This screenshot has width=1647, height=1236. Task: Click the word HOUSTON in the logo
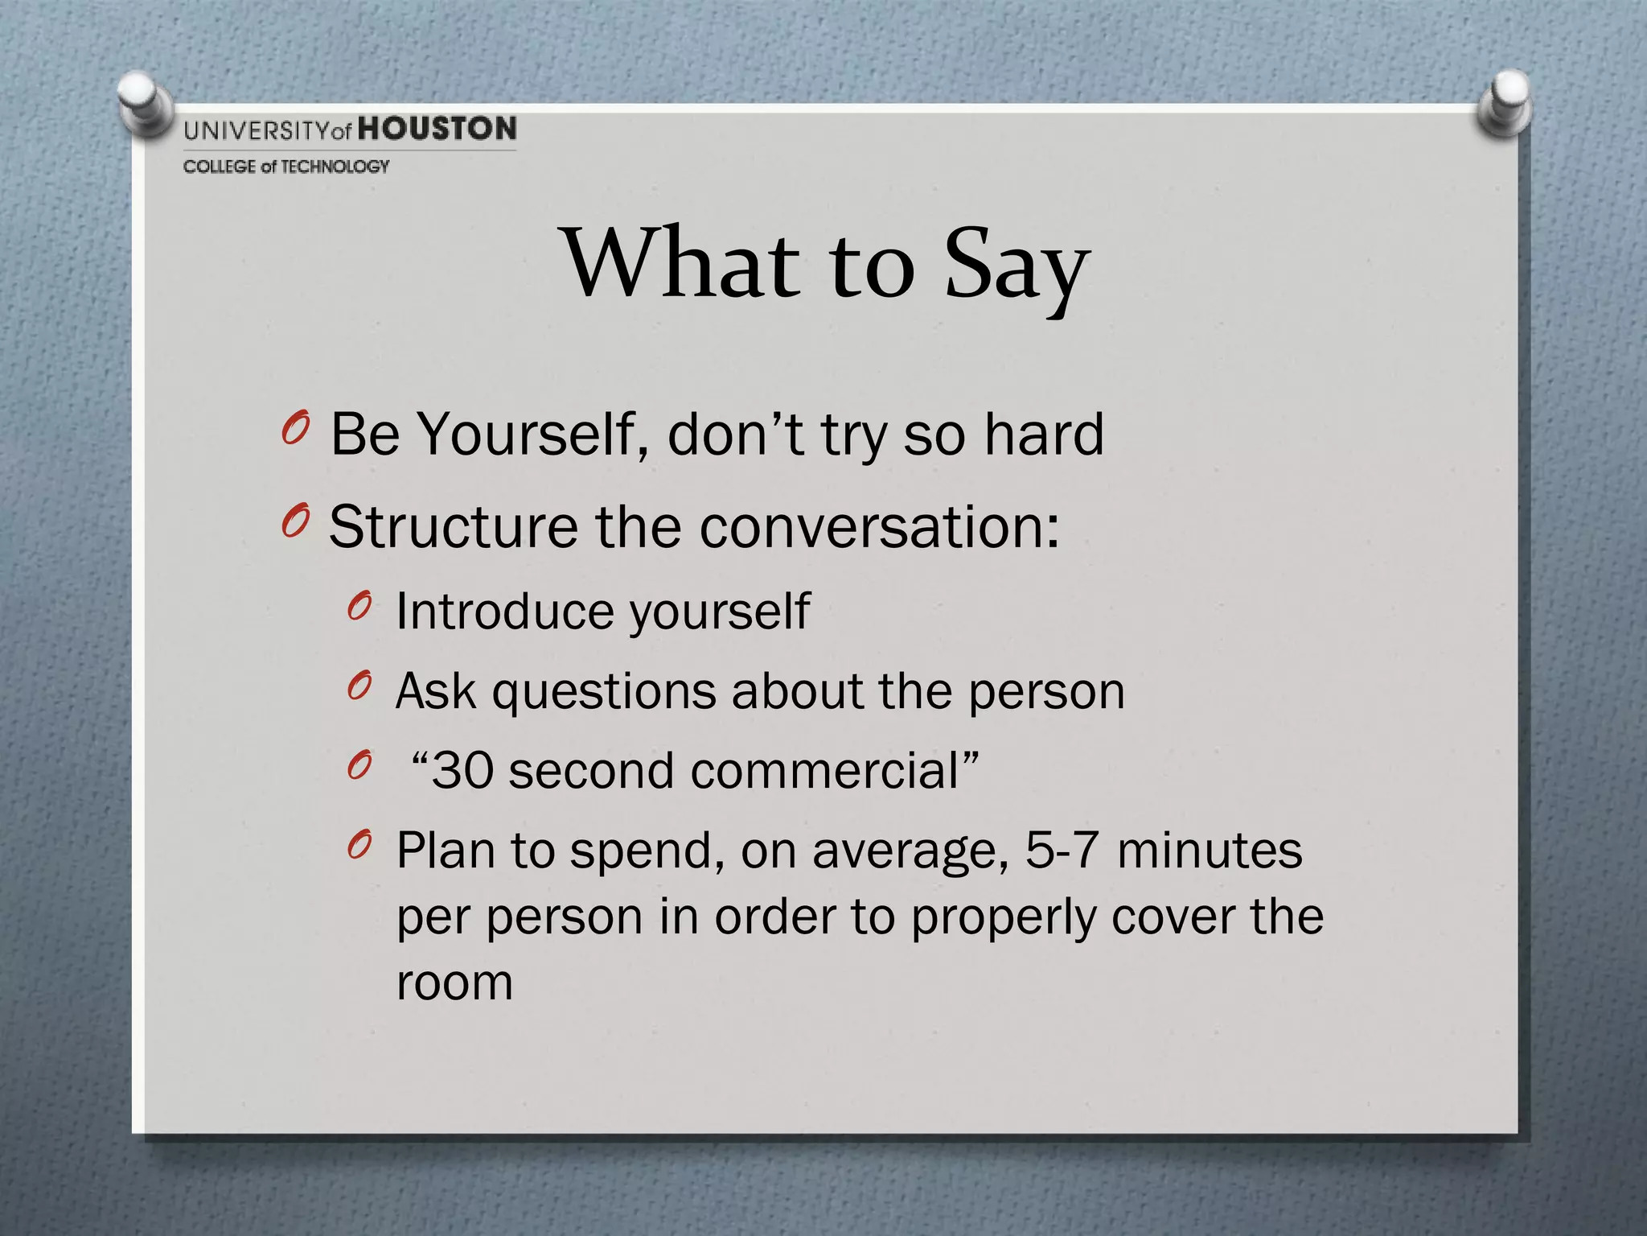(x=437, y=129)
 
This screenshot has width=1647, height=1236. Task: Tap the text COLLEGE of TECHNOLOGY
(x=286, y=167)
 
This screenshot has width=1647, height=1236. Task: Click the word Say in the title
(x=1017, y=266)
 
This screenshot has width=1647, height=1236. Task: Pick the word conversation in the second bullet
(x=879, y=527)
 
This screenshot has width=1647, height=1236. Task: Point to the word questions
(x=604, y=691)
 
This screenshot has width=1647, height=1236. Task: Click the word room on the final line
(x=454, y=983)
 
